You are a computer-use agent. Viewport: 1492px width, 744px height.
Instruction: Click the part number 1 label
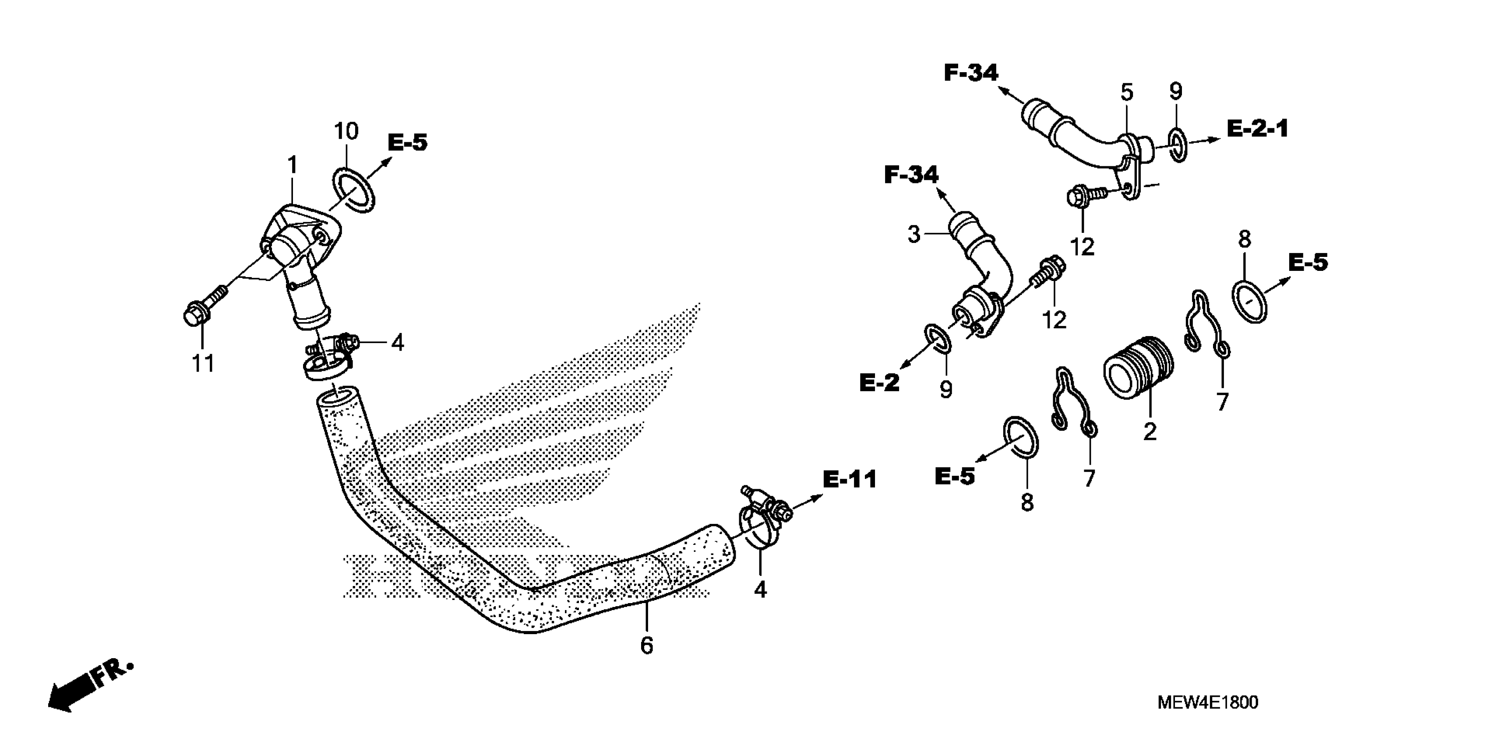point(293,165)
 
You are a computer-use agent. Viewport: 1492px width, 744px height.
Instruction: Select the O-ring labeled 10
point(354,190)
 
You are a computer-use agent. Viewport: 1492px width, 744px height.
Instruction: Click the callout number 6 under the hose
point(646,646)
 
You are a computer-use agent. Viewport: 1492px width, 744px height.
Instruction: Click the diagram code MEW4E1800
point(1208,703)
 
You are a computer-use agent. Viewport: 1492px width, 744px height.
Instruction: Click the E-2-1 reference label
point(1257,129)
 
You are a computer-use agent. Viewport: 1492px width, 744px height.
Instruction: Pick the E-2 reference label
point(879,383)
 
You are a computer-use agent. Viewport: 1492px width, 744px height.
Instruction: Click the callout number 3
point(914,235)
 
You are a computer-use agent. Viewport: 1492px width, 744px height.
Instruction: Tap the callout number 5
point(1126,92)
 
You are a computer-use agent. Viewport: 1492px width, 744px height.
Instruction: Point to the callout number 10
point(346,132)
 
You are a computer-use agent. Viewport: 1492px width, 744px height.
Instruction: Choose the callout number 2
point(1150,432)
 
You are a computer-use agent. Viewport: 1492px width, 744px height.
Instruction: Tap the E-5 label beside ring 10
point(407,142)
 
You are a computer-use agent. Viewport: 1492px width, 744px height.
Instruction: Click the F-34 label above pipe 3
point(911,175)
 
